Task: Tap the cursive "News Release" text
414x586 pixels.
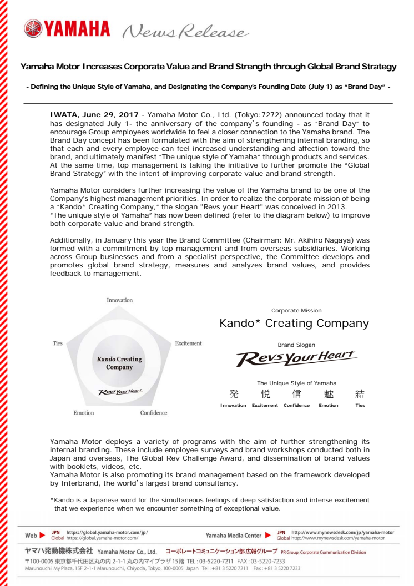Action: coord(183,33)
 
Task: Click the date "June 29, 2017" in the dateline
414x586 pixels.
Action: coord(108,115)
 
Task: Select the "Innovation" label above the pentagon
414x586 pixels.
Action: coord(120,300)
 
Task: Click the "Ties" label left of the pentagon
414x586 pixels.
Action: coord(58,343)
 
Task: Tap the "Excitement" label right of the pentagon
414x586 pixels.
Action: coord(188,343)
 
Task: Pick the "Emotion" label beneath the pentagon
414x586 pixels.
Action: coord(84,413)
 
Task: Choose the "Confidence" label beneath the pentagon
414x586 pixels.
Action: coord(154,413)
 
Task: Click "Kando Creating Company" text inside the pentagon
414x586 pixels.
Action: coord(119,363)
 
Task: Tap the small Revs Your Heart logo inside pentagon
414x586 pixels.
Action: coord(120,391)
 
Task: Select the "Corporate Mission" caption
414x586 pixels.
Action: coord(296,311)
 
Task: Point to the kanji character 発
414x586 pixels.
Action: coord(234,395)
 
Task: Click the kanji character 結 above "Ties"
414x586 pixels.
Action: coord(360,395)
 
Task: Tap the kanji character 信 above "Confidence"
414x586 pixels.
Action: coord(296,395)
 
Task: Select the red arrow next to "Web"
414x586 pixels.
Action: coord(42,536)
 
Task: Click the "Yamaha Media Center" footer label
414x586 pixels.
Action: coord(233,536)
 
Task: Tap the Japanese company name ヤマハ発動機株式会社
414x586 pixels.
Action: coord(59,553)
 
